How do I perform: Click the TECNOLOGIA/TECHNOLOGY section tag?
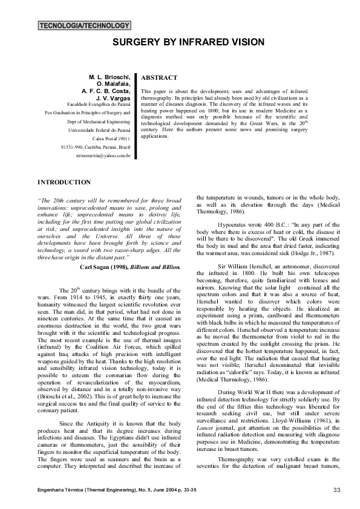(x=84, y=26)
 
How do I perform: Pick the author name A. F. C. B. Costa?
(x=106, y=91)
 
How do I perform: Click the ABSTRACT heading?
(x=159, y=78)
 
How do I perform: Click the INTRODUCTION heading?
(x=64, y=182)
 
